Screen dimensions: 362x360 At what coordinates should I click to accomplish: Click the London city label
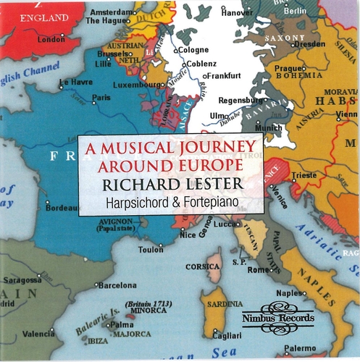[x=51, y=39]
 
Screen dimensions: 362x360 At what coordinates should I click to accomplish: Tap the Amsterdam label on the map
[x=109, y=12]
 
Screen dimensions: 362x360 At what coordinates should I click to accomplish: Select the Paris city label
[x=101, y=97]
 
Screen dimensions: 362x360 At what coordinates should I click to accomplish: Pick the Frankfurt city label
[x=225, y=75]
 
